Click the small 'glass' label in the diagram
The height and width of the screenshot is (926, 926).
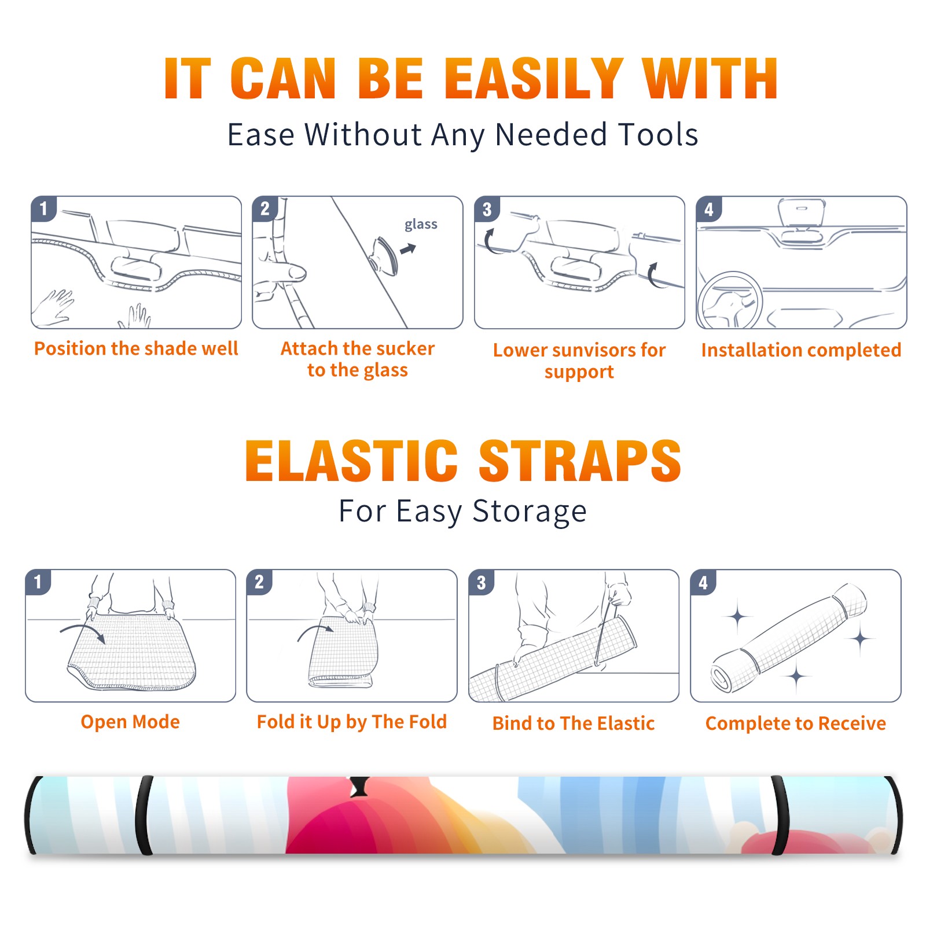click(x=421, y=225)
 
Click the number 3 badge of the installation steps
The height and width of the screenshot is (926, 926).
click(x=487, y=209)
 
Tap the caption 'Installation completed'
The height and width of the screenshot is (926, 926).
click(x=801, y=350)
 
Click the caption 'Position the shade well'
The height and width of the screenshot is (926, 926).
click(x=136, y=348)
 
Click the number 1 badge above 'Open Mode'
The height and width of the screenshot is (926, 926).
click(x=38, y=582)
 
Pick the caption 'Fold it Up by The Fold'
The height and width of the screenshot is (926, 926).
click(x=352, y=722)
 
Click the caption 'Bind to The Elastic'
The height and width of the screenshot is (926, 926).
click(x=574, y=723)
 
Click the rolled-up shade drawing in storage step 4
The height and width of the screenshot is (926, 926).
click(x=789, y=637)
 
